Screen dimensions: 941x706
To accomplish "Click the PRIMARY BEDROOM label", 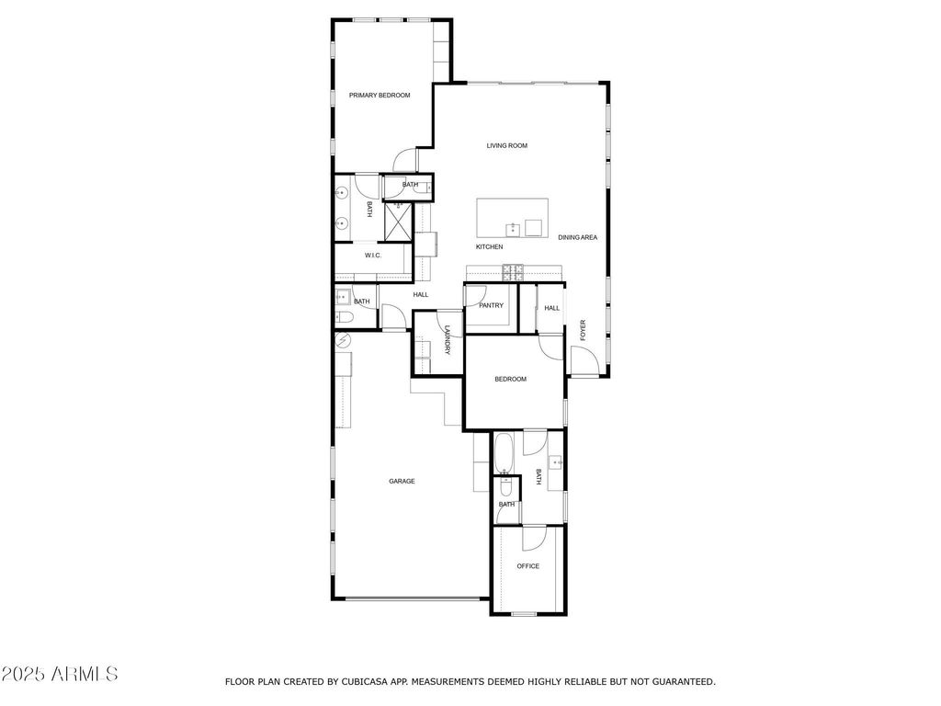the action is pos(380,95).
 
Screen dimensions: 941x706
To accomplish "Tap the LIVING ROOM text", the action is pos(506,145).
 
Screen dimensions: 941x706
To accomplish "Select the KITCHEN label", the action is pos(489,246).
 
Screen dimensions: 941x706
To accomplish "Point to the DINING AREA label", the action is pos(577,237).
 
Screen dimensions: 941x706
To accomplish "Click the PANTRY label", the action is pos(491,305).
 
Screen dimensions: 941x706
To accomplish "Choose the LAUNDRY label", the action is pos(448,340).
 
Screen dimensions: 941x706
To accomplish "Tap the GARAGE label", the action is pos(402,481).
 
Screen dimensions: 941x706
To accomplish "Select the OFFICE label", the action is pos(528,566).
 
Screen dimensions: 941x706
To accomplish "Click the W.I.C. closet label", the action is pos(373,256).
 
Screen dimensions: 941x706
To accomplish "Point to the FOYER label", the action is pos(582,331).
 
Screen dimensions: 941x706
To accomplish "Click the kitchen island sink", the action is pos(514,229).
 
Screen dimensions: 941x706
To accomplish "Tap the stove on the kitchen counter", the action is pos(513,272).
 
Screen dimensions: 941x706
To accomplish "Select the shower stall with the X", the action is pos(397,222).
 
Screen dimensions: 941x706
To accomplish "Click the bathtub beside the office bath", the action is pos(504,453).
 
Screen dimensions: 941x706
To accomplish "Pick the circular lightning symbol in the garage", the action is pos(343,341).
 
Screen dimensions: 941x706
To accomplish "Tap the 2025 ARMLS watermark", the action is pos(59,674).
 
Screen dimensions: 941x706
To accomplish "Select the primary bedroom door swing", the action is pos(404,159).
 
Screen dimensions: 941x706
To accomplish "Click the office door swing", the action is pos(534,539).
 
